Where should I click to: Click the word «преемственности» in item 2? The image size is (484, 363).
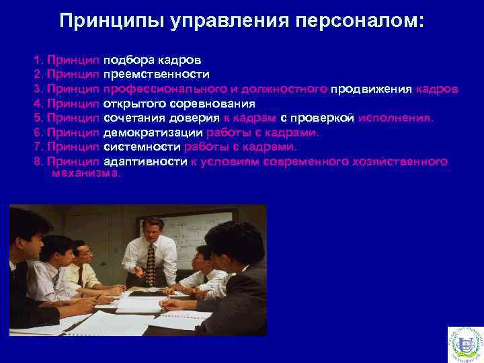157,74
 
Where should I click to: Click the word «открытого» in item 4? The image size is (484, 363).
132,104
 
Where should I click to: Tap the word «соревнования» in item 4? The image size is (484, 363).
209,104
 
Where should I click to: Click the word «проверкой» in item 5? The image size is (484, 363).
325,118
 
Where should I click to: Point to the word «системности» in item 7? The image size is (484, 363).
142,147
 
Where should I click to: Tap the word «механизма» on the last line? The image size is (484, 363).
85,173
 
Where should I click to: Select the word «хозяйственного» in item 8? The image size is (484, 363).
409,162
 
